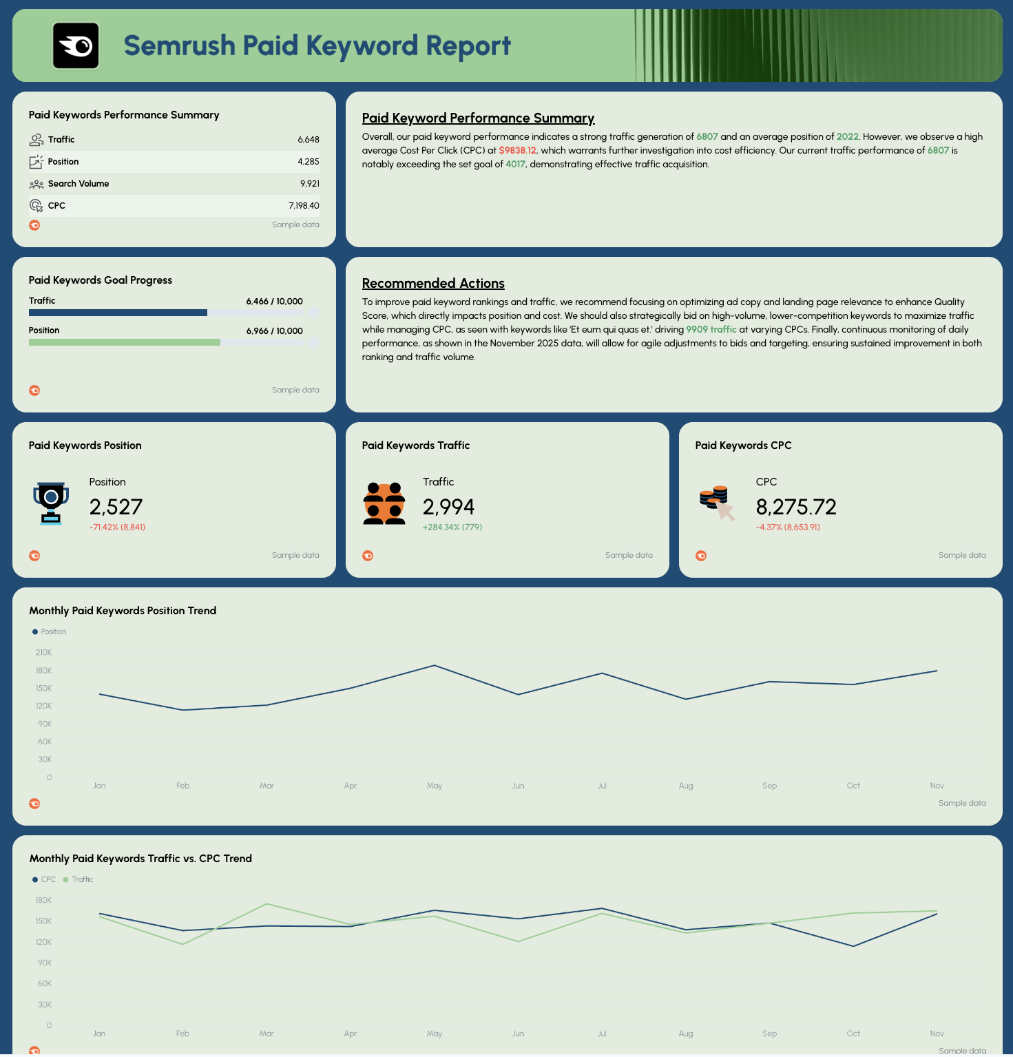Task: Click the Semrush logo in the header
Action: (76, 45)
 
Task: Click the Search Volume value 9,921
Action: (309, 184)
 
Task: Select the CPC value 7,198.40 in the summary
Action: (304, 206)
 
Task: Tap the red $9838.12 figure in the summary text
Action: (517, 151)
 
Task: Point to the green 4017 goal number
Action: (515, 165)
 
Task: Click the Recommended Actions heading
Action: (433, 284)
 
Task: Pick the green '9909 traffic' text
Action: (711, 330)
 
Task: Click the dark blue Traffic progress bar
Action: (118, 313)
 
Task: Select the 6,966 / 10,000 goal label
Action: (274, 331)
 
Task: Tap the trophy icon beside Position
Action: (51, 503)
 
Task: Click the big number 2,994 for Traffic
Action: (448, 507)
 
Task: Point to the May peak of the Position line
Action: (434, 666)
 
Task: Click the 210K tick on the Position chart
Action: (43, 653)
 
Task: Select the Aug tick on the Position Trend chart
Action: (686, 786)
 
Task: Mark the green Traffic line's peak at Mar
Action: (267, 904)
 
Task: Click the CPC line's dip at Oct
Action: (853, 946)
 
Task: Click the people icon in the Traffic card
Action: (384, 503)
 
